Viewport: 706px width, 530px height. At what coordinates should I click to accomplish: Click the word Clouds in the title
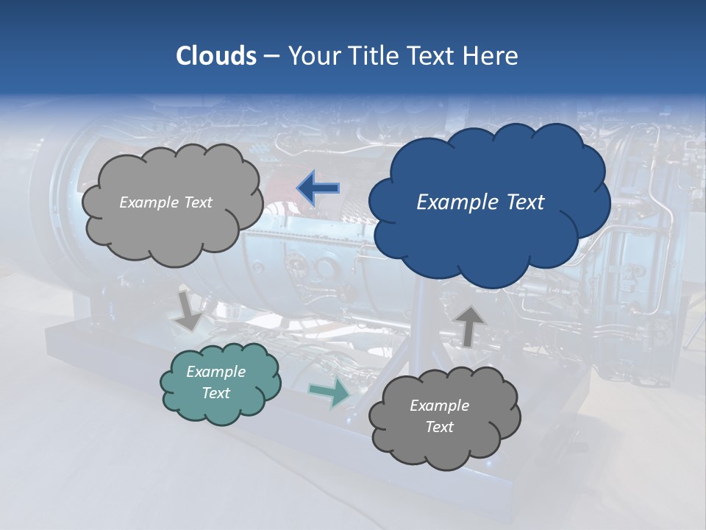click(216, 56)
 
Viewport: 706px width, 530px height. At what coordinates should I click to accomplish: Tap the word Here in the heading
click(491, 56)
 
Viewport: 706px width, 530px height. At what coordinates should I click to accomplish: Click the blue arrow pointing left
click(318, 188)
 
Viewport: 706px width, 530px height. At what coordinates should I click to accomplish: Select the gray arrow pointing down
click(188, 309)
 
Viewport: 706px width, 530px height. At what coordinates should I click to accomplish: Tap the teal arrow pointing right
click(329, 392)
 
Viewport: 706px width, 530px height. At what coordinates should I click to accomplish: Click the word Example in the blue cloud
click(459, 202)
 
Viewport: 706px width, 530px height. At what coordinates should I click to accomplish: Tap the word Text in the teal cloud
click(216, 393)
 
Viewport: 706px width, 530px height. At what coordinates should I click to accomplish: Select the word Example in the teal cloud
click(216, 372)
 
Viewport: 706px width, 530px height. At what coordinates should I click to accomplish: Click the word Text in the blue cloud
click(524, 202)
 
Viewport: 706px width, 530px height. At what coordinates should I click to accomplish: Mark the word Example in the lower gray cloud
click(439, 406)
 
